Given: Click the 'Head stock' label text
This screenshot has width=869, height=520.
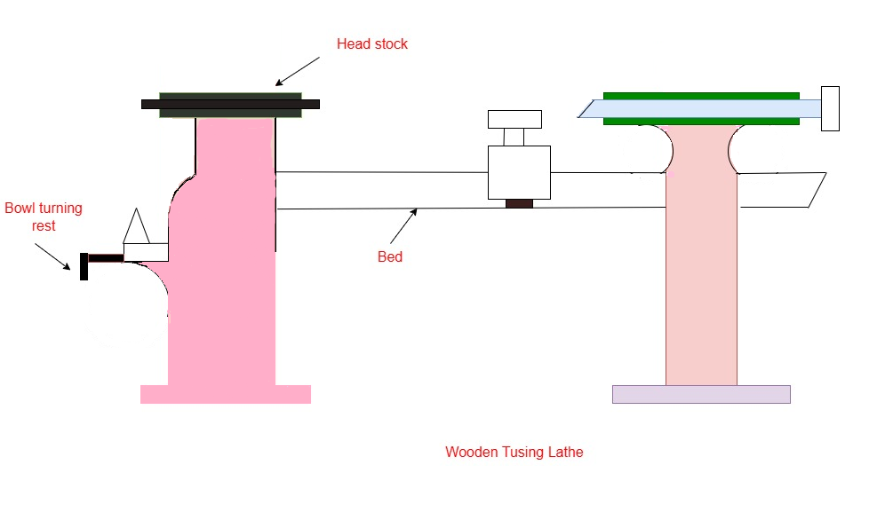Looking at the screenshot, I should tap(371, 43).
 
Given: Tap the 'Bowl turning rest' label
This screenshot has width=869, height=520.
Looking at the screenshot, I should tap(44, 217).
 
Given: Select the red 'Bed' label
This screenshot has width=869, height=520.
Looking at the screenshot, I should tap(390, 257).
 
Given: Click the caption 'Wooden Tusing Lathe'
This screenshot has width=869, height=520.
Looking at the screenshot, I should tap(514, 453).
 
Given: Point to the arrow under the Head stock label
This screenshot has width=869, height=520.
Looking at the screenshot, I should tap(298, 71).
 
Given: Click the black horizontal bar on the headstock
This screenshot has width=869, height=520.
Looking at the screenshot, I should tap(230, 104).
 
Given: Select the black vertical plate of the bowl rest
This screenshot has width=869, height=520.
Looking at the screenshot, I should tap(84, 266).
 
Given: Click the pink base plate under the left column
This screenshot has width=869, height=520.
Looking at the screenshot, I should tap(226, 394).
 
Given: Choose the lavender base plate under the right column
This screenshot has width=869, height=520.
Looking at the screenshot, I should tap(701, 394).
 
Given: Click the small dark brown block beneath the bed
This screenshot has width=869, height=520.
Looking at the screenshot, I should tap(519, 203).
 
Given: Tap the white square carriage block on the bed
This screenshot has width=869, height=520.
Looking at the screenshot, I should tap(519, 172).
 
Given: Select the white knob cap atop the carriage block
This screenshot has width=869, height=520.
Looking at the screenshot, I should tap(514, 119).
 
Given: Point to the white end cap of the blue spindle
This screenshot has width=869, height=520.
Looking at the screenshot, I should tap(830, 108).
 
